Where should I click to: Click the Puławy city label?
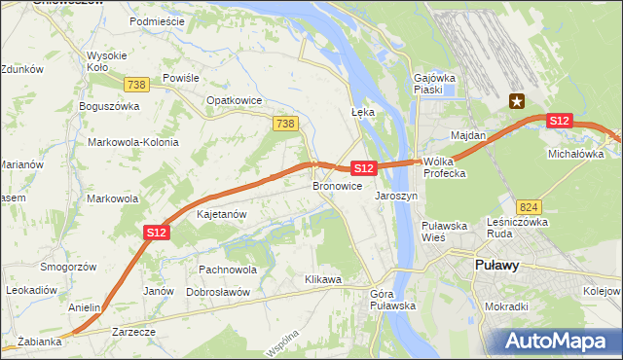tap(496, 265)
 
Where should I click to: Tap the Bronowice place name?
tap(338, 185)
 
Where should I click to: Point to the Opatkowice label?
tap(232, 99)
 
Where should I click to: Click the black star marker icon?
tap(517, 99)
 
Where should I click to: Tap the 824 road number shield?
tap(529, 207)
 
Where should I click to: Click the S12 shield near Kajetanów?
tap(158, 232)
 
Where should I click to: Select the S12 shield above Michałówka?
tap(559, 121)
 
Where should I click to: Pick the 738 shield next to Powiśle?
tap(137, 85)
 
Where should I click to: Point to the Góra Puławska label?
tap(393, 300)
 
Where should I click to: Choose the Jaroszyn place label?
tap(396, 195)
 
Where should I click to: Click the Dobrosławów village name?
tap(218, 292)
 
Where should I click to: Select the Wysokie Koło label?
tap(106, 61)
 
